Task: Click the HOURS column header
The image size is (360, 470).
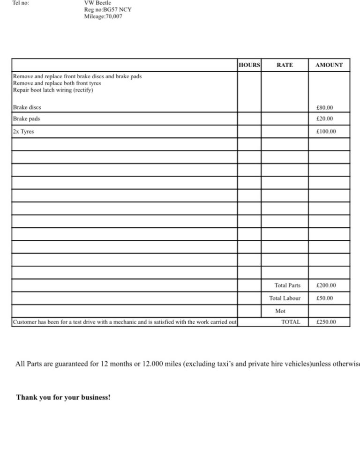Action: [x=249, y=65]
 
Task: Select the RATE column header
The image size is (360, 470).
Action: [x=285, y=65]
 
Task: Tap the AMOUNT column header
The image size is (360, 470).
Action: [x=329, y=65]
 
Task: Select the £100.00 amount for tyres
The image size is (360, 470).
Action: [x=326, y=132]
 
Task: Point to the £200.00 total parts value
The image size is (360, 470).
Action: [x=326, y=285]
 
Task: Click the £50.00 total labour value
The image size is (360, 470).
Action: [x=324, y=298]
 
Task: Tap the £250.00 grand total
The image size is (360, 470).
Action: [x=326, y=322]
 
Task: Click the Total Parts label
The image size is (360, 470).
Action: [x=287, y=285]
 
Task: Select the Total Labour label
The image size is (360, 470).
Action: [x=285, y=298]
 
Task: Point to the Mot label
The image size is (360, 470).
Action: [x=280, y=311]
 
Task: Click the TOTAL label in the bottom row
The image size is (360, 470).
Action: [x=291, y=322]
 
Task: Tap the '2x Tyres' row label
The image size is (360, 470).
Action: [x=23, y=132]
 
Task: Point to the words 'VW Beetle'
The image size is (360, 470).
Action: [x=97, y=2]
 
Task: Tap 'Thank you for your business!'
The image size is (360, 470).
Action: [x=63, y=397]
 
